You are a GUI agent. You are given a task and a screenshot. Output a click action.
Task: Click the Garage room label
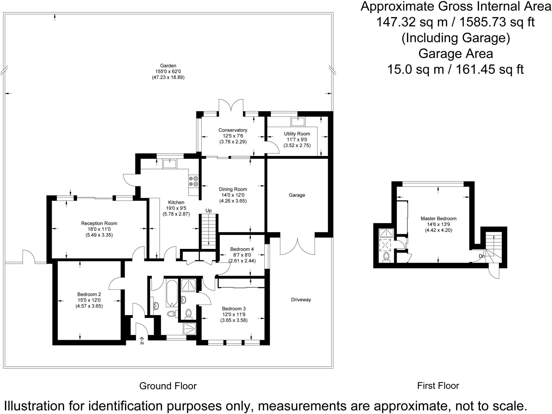pos(297,195)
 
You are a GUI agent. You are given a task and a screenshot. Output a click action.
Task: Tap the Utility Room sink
pos(298,122)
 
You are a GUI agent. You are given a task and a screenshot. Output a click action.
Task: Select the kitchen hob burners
pos(194,181)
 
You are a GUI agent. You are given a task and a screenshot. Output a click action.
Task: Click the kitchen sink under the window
pos(169,164)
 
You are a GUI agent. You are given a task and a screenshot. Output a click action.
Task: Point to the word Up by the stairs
pos(208,211)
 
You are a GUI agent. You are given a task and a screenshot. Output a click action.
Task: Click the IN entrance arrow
pos(142,341)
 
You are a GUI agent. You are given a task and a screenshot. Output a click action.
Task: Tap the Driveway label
pos(301,300)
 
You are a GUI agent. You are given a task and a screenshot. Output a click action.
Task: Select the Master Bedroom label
pos(439,218)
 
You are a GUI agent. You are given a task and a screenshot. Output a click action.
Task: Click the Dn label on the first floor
pos(482,256)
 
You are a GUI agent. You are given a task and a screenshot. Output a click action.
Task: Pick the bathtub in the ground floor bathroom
pos(172,293)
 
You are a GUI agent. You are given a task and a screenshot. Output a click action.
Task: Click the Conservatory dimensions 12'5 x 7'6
pos(233,136)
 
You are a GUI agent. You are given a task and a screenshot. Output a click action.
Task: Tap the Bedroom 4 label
pos(242,249)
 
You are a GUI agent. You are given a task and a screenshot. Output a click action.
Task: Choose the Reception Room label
pos(99,223)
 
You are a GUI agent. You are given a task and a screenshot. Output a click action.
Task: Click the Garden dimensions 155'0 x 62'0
pos(168,71)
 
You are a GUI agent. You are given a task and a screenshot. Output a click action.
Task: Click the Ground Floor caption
pos(168,386)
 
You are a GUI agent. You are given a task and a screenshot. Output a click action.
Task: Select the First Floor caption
pos(438,386)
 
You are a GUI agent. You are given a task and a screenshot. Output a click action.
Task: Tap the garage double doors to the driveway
pos(297,246)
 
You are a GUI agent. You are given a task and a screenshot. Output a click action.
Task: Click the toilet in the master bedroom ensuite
pos(387,257)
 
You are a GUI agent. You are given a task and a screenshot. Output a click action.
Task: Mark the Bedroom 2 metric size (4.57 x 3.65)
pos(89,306)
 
